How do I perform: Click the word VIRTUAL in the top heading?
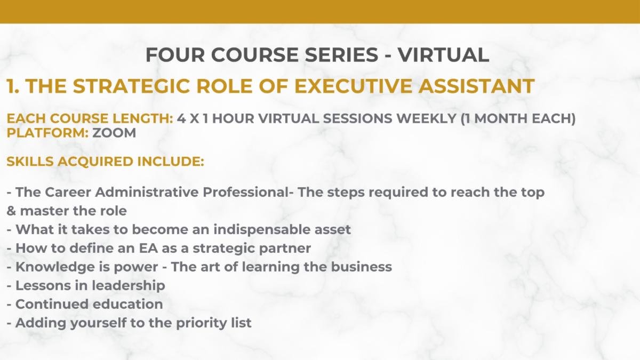(x=443, y=54)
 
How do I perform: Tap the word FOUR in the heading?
(x=175, y=54)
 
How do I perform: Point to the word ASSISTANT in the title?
(x=477, y=86)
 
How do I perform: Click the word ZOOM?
(x=114, y=133)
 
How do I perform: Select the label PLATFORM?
(x=47, y=133)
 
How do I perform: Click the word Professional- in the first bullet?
(x=248, y=192)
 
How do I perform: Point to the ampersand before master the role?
(x=11, y=211)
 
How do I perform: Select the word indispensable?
(x=262, y=230)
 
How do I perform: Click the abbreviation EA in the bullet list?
(x=149, y=248)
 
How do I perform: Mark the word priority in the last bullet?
(x=202, y=323)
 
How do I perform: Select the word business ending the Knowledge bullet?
(x=362, y=267)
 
